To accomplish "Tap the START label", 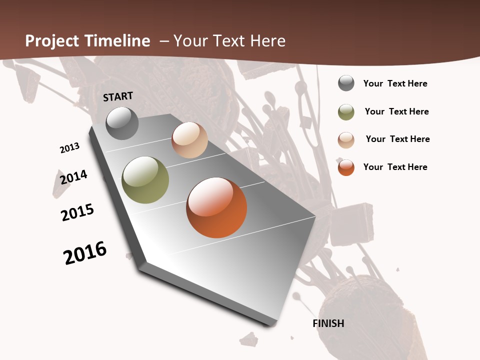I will tap(118, 96).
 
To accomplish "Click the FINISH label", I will tap(328, 323).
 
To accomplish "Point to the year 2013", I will tap(69, 148).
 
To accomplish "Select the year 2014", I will tap(73, 177).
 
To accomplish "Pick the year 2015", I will tap(77, 212).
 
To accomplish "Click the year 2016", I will tap(85, 252).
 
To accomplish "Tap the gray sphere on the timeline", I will tap(122, 123).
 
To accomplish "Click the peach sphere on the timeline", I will tap(189, 140).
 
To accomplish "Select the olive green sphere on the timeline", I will tap(145, 180).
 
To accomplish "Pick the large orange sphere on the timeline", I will tap(216, 207).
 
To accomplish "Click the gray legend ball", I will tap(346, 83).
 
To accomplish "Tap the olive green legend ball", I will tap(346, 112).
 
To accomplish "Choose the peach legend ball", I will tap(346, 140).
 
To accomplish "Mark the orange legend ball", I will tap(346, 167).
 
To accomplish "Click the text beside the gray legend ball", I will tap(395, 83).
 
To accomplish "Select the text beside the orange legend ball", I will tap(395, 167).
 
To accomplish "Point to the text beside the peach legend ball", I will tap(397, 139).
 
